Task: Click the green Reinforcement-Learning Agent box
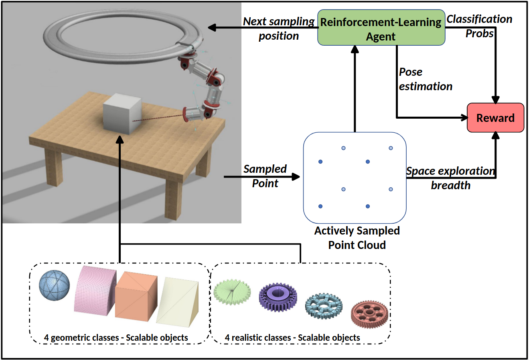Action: pos(381,28)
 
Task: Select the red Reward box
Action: pos(495,118)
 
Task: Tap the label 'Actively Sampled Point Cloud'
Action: pos(357,238)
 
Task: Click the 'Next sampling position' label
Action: pos(279,28)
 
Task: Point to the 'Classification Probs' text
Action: pos(479,26)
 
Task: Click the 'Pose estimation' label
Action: pos(425,79)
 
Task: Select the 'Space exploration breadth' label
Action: pos(450,178)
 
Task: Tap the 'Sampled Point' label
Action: pos(265,176)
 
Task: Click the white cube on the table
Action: pos(122,113)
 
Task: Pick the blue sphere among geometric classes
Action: pos(54,285)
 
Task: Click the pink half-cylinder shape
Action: pos(95,290)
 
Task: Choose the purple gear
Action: pos(278,297)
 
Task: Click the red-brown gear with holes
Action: pos(369,314)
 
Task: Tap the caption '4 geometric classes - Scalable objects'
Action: pos(116,338)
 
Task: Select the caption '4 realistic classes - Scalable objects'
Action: pos(292,338)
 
